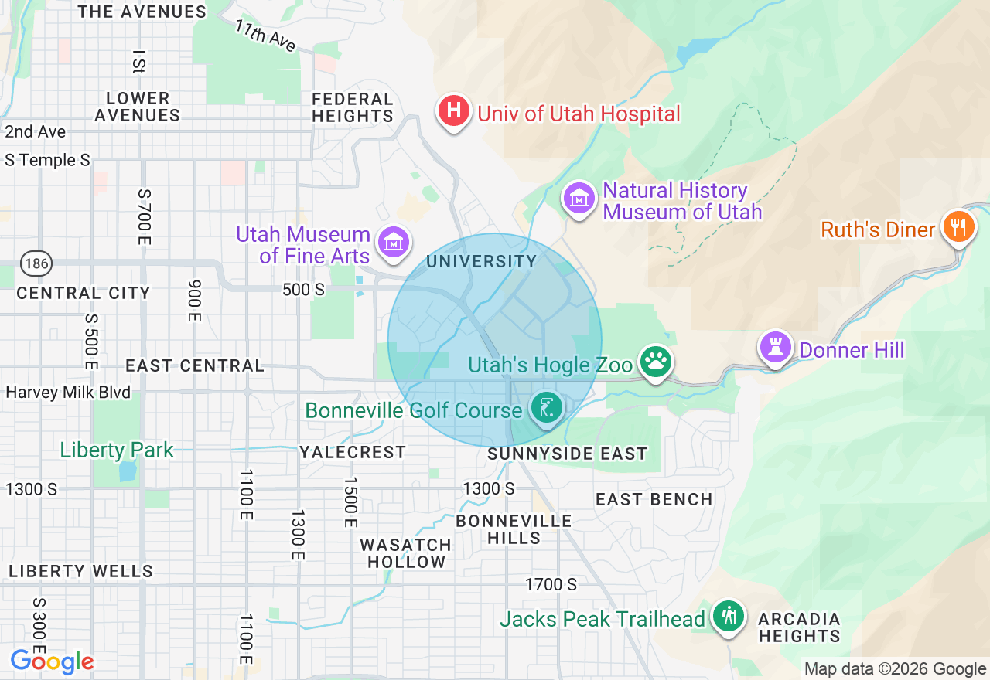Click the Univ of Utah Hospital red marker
(454, 111)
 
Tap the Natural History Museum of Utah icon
(579, 199)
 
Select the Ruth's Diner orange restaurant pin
(958, 226)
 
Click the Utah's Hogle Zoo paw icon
(655, 361)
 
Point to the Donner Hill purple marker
(776, 347)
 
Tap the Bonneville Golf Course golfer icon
(548, 406)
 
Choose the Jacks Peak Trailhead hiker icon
(728, 616)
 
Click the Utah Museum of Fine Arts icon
(392, 242)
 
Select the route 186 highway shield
(36, 264)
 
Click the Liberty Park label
(117, 450)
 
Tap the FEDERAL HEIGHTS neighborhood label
(353, 107)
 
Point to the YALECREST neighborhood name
(353, 452)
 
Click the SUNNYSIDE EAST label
(567, 454)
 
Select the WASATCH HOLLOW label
(406, 553)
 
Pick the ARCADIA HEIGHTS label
(799, 627)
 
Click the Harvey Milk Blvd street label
(68, 393)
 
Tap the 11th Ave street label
(266, 36)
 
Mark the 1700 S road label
(551, 584)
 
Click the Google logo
(52, 661)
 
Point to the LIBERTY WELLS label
(81, 571)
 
